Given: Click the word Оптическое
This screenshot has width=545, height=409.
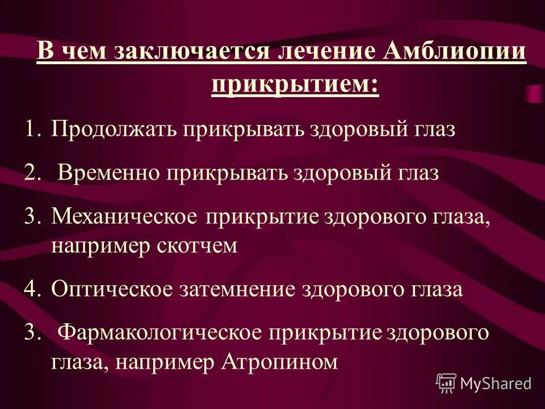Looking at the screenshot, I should (x=111, y=290).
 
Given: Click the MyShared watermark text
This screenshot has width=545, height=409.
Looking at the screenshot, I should (x=496, y=383).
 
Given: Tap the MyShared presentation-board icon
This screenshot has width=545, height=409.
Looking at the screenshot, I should (x=446, y=383).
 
